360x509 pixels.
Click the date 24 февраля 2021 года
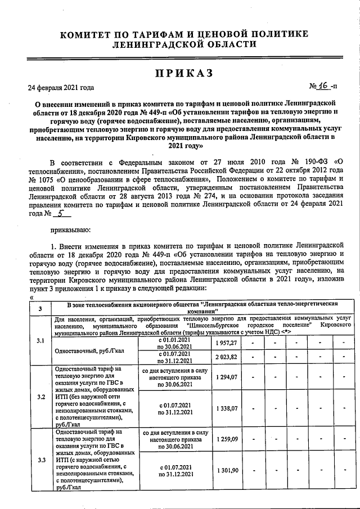pos(61,87)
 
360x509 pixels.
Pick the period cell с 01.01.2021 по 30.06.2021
pos(174,343)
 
